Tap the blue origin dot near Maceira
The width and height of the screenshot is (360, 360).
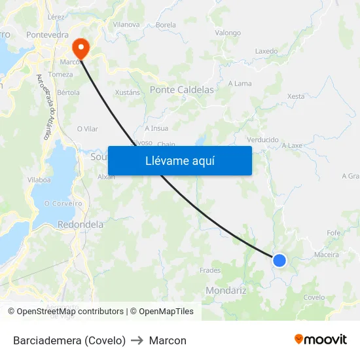pyautogui.click(x=279, y=261)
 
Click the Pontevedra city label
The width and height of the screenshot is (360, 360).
pyautogui.click(x=48, y=35)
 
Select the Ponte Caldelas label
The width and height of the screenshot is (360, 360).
pyautogui.click(x=182, y=90)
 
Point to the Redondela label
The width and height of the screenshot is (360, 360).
pyautogui.click(x=81, y=225)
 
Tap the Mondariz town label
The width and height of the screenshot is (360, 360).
pyautogui.click(x=226, y=290)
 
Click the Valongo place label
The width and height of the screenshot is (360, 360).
pyautogui.click(x=228, y=33)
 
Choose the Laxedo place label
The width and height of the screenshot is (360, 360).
pyautogui.click(x=266, y=51)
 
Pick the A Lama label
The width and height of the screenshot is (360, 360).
pyautogui.click(x=240, y=83)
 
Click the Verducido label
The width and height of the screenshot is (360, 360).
pyautogui.click(x=263, y=139)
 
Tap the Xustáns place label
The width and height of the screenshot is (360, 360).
pyautogui.click(x=128, y=92)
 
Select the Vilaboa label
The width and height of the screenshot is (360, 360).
pyautogui.click(x=39, y=179)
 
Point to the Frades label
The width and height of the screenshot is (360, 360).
pyautogui.click(x=210, y=270)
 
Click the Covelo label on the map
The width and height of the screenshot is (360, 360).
pyautogui.click(x=314, y=297)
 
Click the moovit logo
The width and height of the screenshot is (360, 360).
pyautogui.click(x=321, y=340)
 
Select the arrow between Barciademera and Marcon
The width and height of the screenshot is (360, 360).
pyautogui.click(x=137, y=340)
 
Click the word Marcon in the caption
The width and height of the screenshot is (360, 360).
pyautogui.click(x=168, y=340)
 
